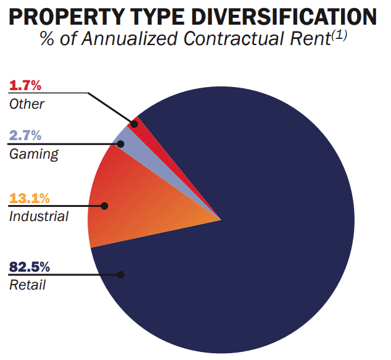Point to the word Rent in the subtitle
314,38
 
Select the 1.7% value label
24,85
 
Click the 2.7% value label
25,135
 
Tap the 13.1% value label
29,198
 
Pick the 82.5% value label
29,267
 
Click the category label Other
27,103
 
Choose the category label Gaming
33,153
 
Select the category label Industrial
38,216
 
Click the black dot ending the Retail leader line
121,275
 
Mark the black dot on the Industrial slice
105,206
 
